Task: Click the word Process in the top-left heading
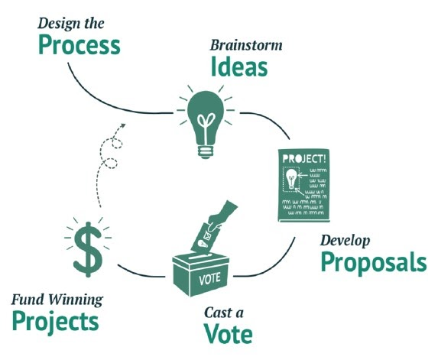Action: point(79,45)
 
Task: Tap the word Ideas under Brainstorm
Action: point(239,66)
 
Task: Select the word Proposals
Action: point(374,263)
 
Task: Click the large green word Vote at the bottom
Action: point(229,333)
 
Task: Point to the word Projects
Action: point(55,322)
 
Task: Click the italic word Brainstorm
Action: point(246,45)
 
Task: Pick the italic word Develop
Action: point(345,241)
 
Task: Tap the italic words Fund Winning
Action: point(57,300)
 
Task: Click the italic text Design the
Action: point(70,23)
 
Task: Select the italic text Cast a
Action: point(223,313)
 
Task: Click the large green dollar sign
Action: point(88,249)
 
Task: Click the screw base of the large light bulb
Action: point(206,151)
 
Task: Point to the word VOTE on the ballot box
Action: point(209,278)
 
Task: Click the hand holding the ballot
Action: point(222,215)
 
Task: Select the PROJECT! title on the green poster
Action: point(304,159)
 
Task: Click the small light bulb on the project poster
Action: point(291,178)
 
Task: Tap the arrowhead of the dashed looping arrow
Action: point(122,126)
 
